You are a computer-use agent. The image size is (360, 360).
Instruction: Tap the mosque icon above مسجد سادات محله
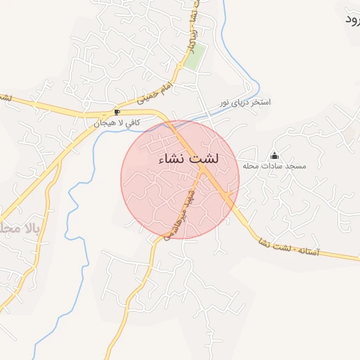274,155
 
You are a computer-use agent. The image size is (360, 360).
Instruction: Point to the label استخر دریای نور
244,103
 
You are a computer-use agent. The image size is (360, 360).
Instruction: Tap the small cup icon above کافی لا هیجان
117,112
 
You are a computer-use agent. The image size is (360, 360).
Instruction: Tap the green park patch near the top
195,56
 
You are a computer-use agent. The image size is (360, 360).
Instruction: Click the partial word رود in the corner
351,19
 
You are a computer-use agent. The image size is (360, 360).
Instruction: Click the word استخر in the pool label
260,103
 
